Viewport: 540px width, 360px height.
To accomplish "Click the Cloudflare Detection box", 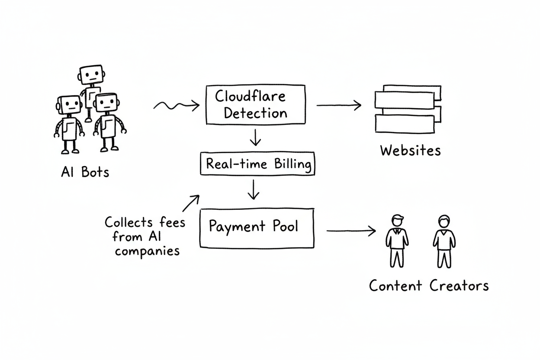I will coord(254,104).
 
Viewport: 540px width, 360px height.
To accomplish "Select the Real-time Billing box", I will coord(258,164).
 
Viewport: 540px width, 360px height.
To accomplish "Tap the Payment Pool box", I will coord(257,228).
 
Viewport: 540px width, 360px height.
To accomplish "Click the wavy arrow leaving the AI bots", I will coord(176,105).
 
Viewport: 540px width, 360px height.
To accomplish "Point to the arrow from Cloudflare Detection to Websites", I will coord(338,105).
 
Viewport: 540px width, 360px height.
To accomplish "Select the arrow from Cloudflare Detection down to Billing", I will coord(256,137).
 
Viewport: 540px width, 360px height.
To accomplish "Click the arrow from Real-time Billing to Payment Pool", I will coord(254,189).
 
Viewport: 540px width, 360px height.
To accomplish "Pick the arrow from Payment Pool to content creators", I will coord(350,231).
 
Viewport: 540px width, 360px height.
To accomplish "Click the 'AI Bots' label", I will coord(85,173).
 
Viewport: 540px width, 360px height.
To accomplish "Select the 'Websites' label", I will coord(410,151).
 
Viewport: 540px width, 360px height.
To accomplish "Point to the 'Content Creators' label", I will coord(429,286).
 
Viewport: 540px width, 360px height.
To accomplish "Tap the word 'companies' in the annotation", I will coord(148,251).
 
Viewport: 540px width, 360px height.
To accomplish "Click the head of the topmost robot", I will coord(91,76).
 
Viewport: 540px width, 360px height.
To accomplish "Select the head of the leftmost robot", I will coord(69,105).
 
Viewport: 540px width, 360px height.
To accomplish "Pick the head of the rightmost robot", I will coord(106,103).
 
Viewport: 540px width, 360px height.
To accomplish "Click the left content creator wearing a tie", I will coord(396,241).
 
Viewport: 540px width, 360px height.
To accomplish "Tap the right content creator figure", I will coord(443,241).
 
